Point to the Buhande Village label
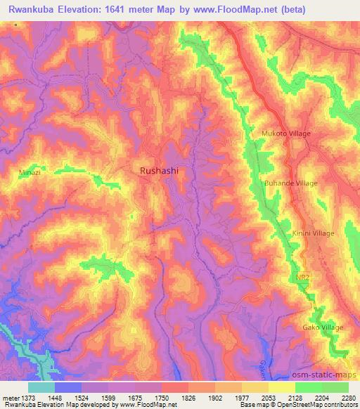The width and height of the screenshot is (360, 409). [290, 183]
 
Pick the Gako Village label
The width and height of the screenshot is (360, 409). [323, 327]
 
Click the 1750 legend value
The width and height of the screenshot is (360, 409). [162, 398]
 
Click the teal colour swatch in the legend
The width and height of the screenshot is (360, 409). [41, 387]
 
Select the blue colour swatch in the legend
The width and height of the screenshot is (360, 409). [68, 387]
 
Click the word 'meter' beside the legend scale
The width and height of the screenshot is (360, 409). [11, 398]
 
